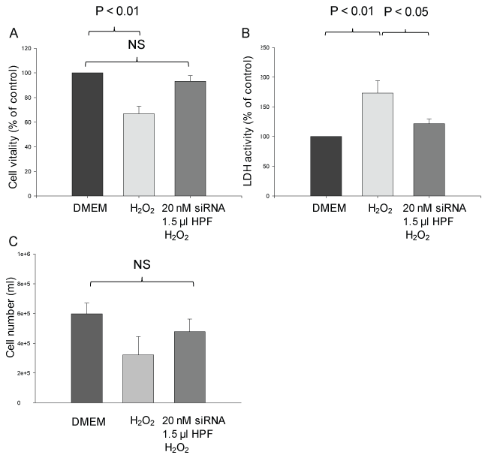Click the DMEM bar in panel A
click(x=88, y=134)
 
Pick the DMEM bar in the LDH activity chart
click(x=326, y=166)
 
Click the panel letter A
click(x=14, y=34)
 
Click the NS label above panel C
click(x=140, y=265)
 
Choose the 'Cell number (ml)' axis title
click(x=13, y=333)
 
